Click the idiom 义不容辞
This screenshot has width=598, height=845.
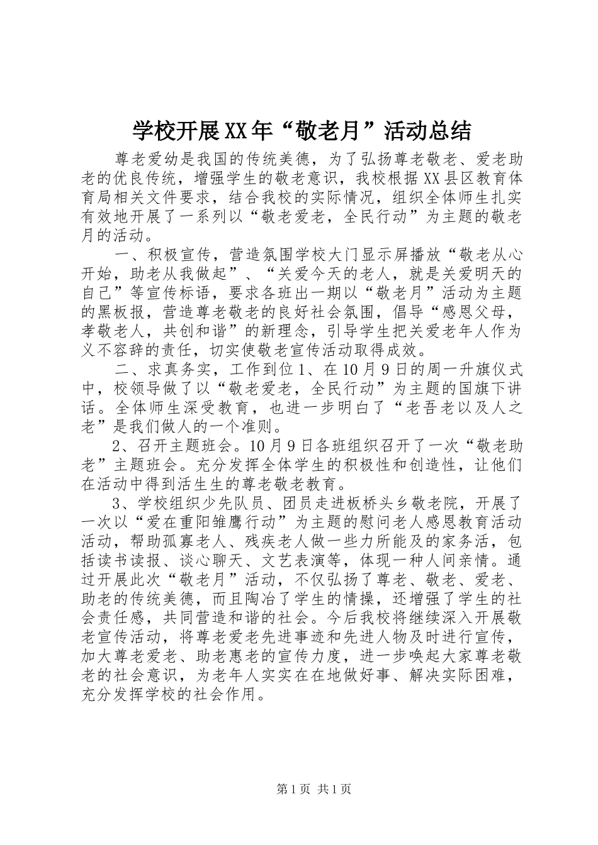[x=120, y=348]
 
